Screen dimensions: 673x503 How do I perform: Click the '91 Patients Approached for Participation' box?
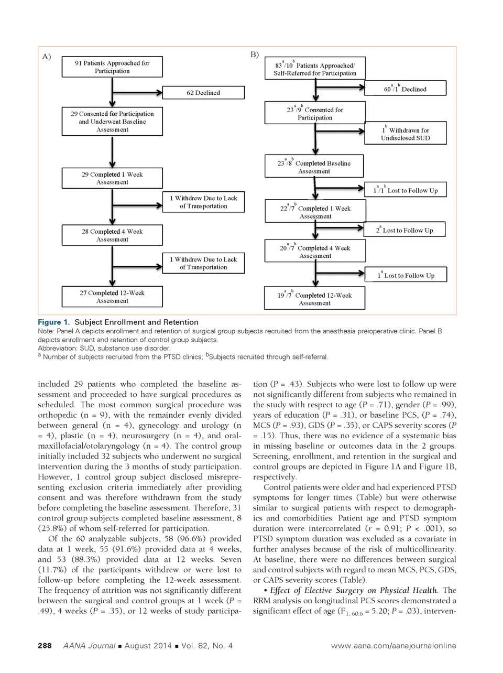[x=112, y=67]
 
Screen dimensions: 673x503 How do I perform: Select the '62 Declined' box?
[x=203, y=93]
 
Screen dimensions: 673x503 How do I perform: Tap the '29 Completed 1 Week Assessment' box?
[x=112, y=178]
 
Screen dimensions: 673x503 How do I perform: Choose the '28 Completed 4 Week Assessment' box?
[x=112, y=235]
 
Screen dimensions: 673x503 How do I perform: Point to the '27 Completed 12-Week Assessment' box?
[x=112, y=297]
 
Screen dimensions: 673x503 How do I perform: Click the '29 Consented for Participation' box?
[x=112, y=122]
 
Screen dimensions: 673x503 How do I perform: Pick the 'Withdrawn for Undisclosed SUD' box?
[x=405, y=134]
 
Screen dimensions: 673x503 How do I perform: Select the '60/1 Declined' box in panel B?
[x=405, y=89]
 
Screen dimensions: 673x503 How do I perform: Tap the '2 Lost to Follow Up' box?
[x=405, y=230]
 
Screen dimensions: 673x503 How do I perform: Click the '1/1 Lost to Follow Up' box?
[x=405, y=190]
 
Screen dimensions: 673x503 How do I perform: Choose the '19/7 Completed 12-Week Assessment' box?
[x=314, y=299]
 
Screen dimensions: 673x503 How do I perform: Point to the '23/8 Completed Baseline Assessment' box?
[x=314, y=167]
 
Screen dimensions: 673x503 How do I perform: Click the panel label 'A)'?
[x=47, y=57]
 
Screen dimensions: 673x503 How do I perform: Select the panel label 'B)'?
[x=255, y=55]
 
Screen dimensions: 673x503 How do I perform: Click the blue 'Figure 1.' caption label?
[x=53, y=322]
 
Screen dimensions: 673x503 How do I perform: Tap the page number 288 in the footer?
[x=45, y=646]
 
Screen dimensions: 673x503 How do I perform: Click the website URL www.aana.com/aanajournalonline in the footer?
[x=393, y=646]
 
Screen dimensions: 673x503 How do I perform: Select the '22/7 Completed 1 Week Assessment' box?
[x=315, y=212]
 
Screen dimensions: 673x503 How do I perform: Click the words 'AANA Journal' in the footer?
[x=89, y=646]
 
